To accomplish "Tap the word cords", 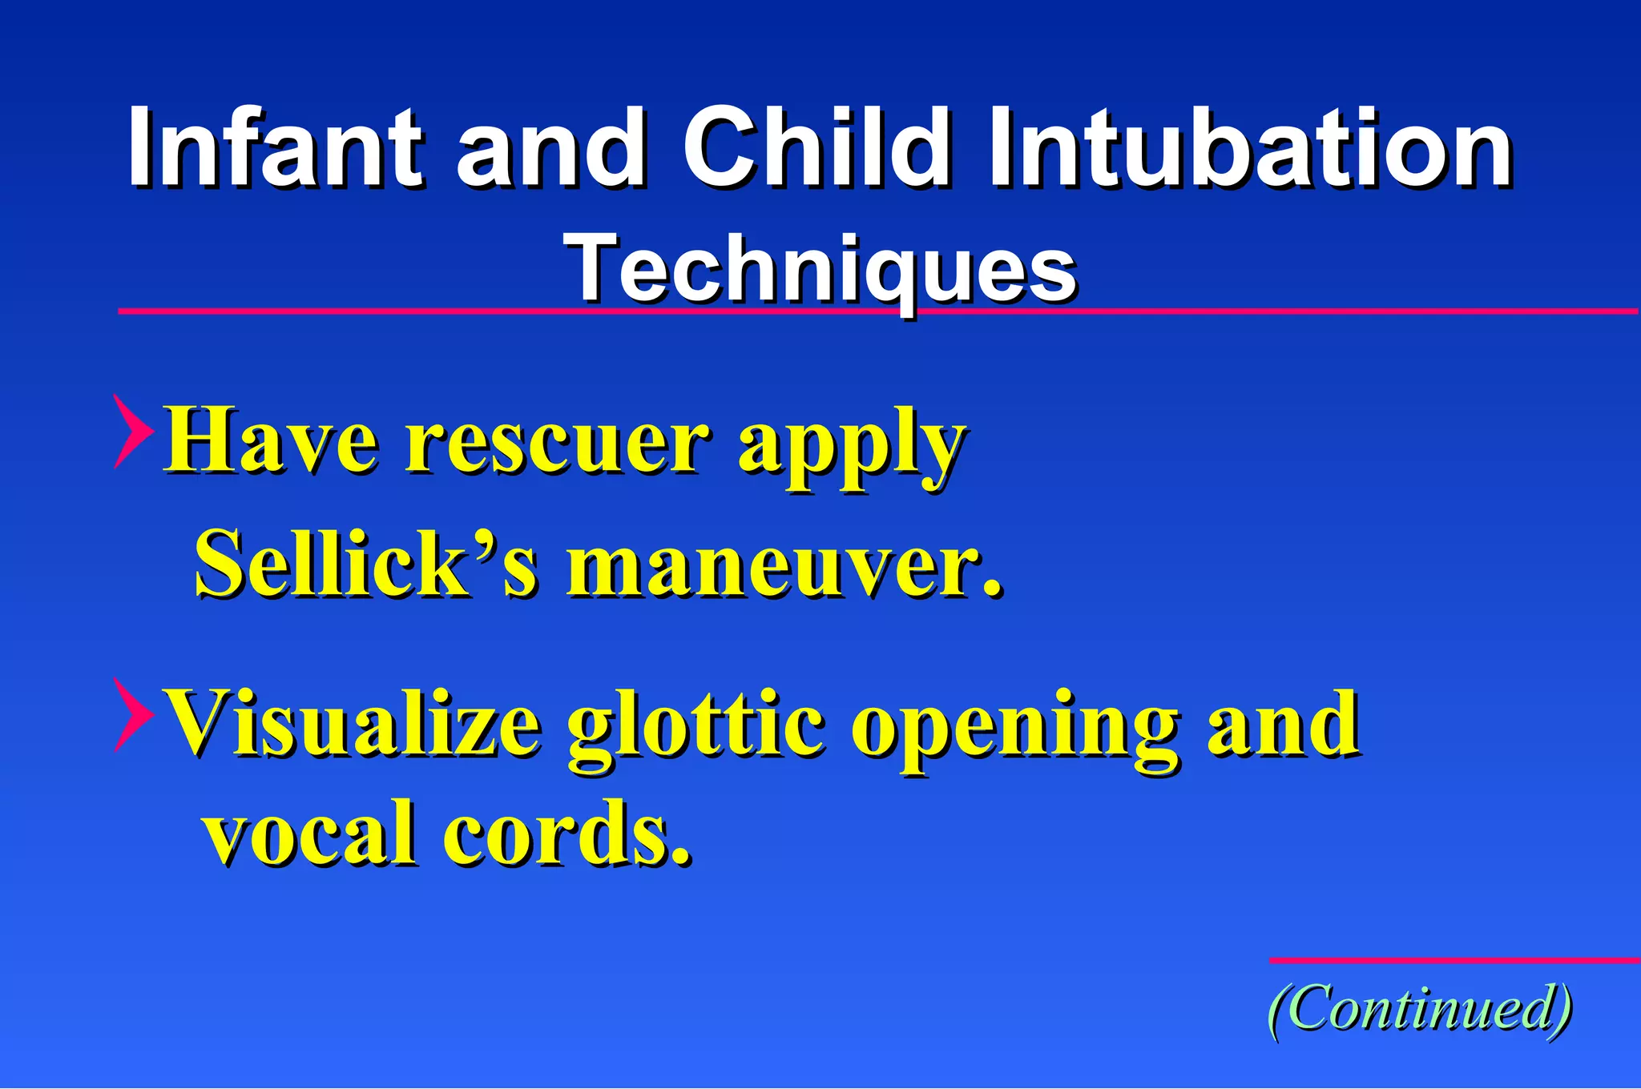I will coord(566,833).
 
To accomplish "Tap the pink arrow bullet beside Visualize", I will coord(131,714).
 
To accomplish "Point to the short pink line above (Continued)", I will coord(1454,959).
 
